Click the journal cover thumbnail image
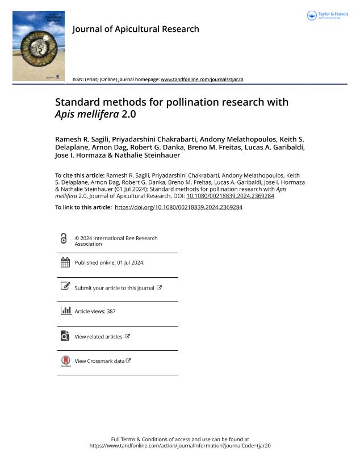[38, 46]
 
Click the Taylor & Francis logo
[327, 16]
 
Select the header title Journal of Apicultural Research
[136, 29]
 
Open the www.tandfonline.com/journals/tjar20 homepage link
[202, 79]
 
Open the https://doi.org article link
[178, 207]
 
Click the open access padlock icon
[64, 238]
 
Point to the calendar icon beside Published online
[65, 262]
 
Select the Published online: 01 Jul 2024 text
[110, 263]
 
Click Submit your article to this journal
[114, 288]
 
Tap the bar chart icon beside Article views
[65, 311]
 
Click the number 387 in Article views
[111, 312]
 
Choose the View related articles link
[99, 337]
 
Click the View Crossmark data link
[99, 361]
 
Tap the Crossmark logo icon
[65, 361]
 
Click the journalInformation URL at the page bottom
[180, 446]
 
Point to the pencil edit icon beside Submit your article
[65, 286]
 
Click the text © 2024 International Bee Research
[116, 238]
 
